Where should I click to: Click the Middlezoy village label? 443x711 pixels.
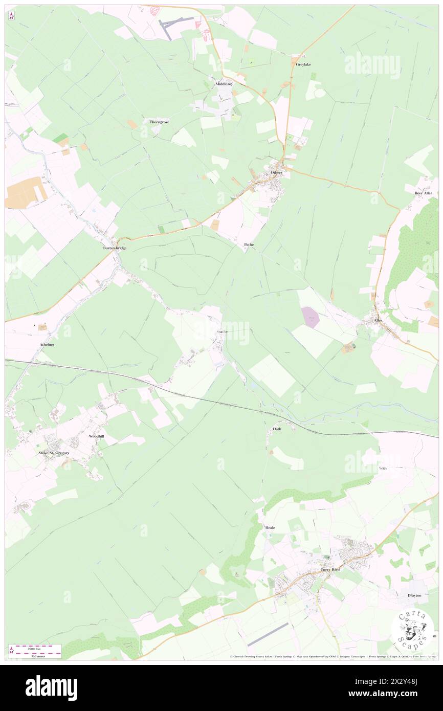(x=224, y=84)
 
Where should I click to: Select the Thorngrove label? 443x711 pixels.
(x=159, y=122)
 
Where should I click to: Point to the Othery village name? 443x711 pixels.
(x=276, y=173)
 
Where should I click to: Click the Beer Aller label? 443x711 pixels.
(x=423, y=193)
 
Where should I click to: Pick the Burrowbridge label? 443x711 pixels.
(x=115, y=248)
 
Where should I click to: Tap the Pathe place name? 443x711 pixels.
(x=249, y=245)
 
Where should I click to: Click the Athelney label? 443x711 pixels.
(x=47, y=345)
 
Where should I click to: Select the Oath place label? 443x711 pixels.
(x=277, y=429)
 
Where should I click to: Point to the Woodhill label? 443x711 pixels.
(x=96, y=436)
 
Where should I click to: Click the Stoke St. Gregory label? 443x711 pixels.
(x=54, y=453)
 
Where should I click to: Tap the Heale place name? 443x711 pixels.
(x=270, y=527)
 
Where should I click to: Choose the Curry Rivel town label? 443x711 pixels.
(x=330, y=569)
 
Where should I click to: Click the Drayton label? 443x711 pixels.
(x=414, y=595)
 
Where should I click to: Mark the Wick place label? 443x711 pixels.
(x=383, y=468)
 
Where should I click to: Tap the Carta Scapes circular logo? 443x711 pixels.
(x=413, y=629)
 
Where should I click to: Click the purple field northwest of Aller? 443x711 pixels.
(x=311, y=318)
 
